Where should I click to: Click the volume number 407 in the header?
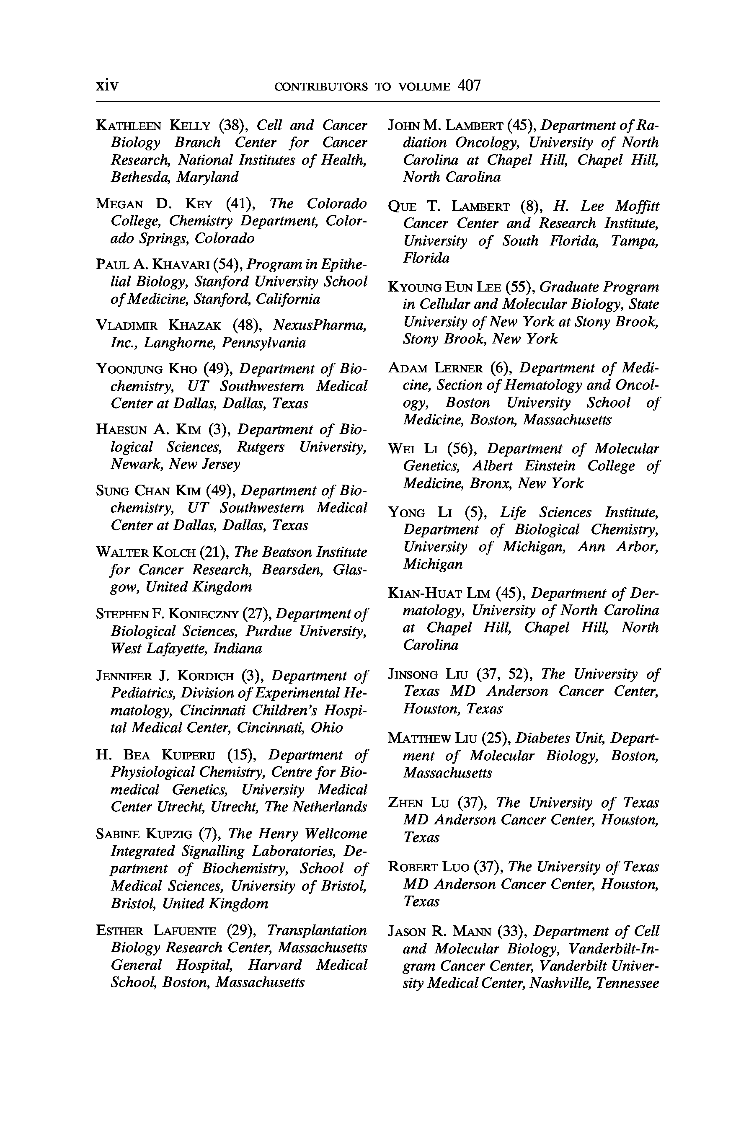(x=469, y=85)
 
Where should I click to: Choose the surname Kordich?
(x=205, y=676)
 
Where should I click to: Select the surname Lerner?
(x=458, y=368)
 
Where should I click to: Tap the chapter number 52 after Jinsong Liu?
(x=516, y=674)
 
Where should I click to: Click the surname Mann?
(x=472, y=932)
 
